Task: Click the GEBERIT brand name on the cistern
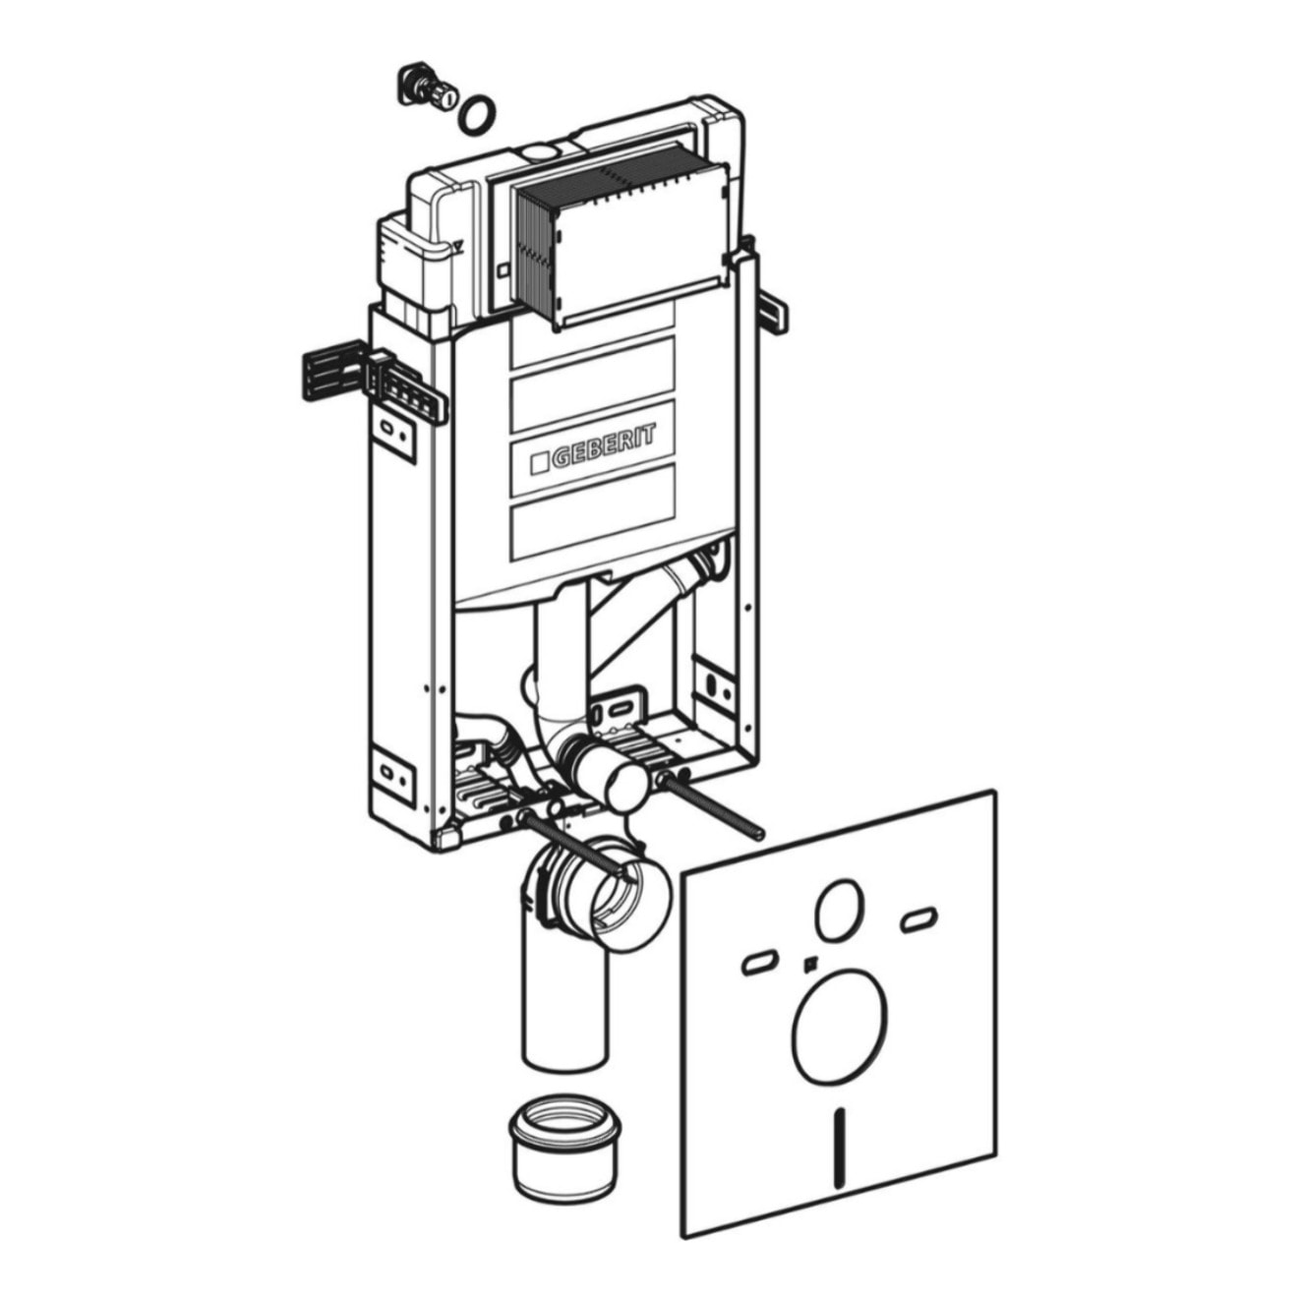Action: tap(604, 447)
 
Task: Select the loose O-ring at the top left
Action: tap(477, 114)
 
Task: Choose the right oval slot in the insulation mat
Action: tap(918, 919)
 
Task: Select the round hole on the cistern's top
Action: tap(540, 151)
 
